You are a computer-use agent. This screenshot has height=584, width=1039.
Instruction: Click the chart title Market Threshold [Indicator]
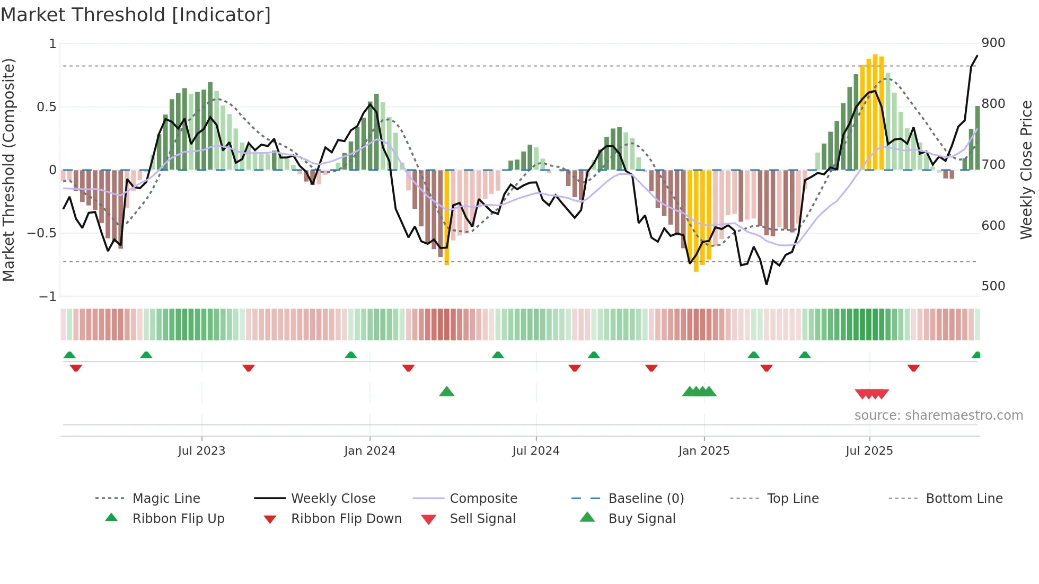pyautogui.click(x=136, y=15)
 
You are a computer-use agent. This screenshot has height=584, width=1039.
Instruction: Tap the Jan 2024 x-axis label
pyautogui.click(x=369, y=451)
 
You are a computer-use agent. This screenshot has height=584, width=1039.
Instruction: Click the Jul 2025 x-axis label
pyautogui.click(x=869, y=451)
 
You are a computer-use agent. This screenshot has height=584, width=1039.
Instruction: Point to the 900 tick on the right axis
pyautogui.click(x=993, y=43)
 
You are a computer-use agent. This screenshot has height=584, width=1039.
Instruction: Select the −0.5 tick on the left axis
pyautogui.click(x=42, y=233)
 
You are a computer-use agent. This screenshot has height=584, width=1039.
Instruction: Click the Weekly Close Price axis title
pyautogui.click(x=1026, y=170)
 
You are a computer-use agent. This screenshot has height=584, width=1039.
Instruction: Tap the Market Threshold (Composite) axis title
pyautogui.click(x=8, y=170)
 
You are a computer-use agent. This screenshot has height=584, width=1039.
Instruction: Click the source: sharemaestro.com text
pyautogui.click(x=938, y=415)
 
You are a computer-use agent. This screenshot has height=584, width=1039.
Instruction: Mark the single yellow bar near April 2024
pyautogui.click(x=447, y=217)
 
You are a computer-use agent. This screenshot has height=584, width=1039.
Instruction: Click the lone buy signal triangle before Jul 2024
pyautogui.click(x=447, y=392)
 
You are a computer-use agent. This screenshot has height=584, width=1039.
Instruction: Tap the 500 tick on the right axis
pyautogui.click(x=993, y=286)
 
